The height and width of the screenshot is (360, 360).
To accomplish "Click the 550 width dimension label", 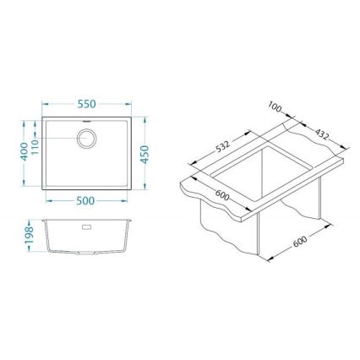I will click(85, 104).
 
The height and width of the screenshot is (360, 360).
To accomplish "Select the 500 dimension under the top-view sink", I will click(85, 201).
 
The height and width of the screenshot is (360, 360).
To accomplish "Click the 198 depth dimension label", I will click(28, 232).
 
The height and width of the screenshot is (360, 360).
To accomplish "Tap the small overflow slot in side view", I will click(86, 226).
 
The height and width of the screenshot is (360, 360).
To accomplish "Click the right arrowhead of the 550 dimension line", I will click(129, 109).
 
